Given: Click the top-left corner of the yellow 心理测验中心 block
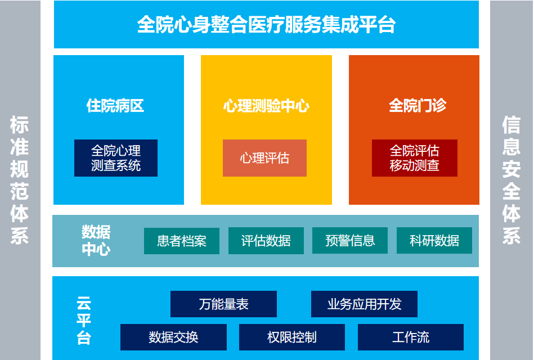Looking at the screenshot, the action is pyautogui.click(x=201, y=56).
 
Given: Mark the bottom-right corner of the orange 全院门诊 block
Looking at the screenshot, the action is pyautogui.click(x=479, y=205).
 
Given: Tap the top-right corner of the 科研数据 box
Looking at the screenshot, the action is pyautogui.click(x=472, y=227).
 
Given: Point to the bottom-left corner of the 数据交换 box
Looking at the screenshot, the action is pyautogui.click(x=120, y=350).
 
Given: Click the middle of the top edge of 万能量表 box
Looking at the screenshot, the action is pyautogui.click(x=223, y=291).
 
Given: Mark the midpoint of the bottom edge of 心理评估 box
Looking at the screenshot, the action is pyautogui.click(x=264, y=177).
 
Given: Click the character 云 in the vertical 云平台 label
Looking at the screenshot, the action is pyautogui.click(x=84, y=303).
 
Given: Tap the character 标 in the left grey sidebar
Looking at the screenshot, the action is pyautogui.click(x=19, y=125).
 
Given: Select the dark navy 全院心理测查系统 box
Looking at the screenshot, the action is pyautogui.click(x=116, y=158).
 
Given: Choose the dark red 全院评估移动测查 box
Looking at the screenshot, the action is pyautogui.click(x=415, y=158).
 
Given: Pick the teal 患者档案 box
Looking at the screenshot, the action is pyautogui.click(x=182, y=241).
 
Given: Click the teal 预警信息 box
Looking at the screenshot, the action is pyautogui.click(x=350, y=240).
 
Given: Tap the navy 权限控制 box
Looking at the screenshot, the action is pyautogui.click(x=292, y=337).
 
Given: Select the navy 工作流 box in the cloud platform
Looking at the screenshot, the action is pyautogui.click(x=410, y=337).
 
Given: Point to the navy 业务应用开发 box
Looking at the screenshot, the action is pyautogui.click(x=364, y=304).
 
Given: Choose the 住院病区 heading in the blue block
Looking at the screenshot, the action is pyautogui.click(x=115, y=106).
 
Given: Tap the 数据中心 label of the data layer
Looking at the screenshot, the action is pyautogui.click(x=96, y=241).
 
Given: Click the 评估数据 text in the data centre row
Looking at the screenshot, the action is pyautogui.click(x=266, y=241).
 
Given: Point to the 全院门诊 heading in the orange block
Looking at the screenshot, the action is pyautogui.click(x=418, y=106).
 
